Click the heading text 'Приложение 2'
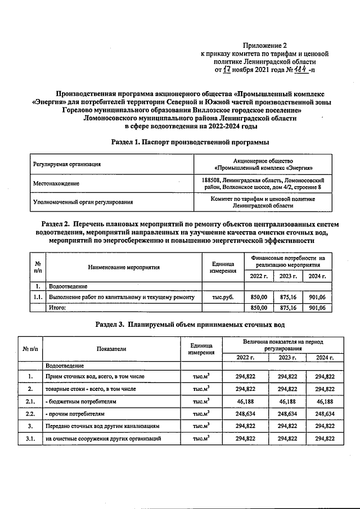click(264, 44)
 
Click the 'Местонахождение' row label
click(56, 183)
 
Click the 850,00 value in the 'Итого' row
click(258, 308)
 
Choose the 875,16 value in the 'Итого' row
click(287, 308)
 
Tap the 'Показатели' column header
click(111, 349)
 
